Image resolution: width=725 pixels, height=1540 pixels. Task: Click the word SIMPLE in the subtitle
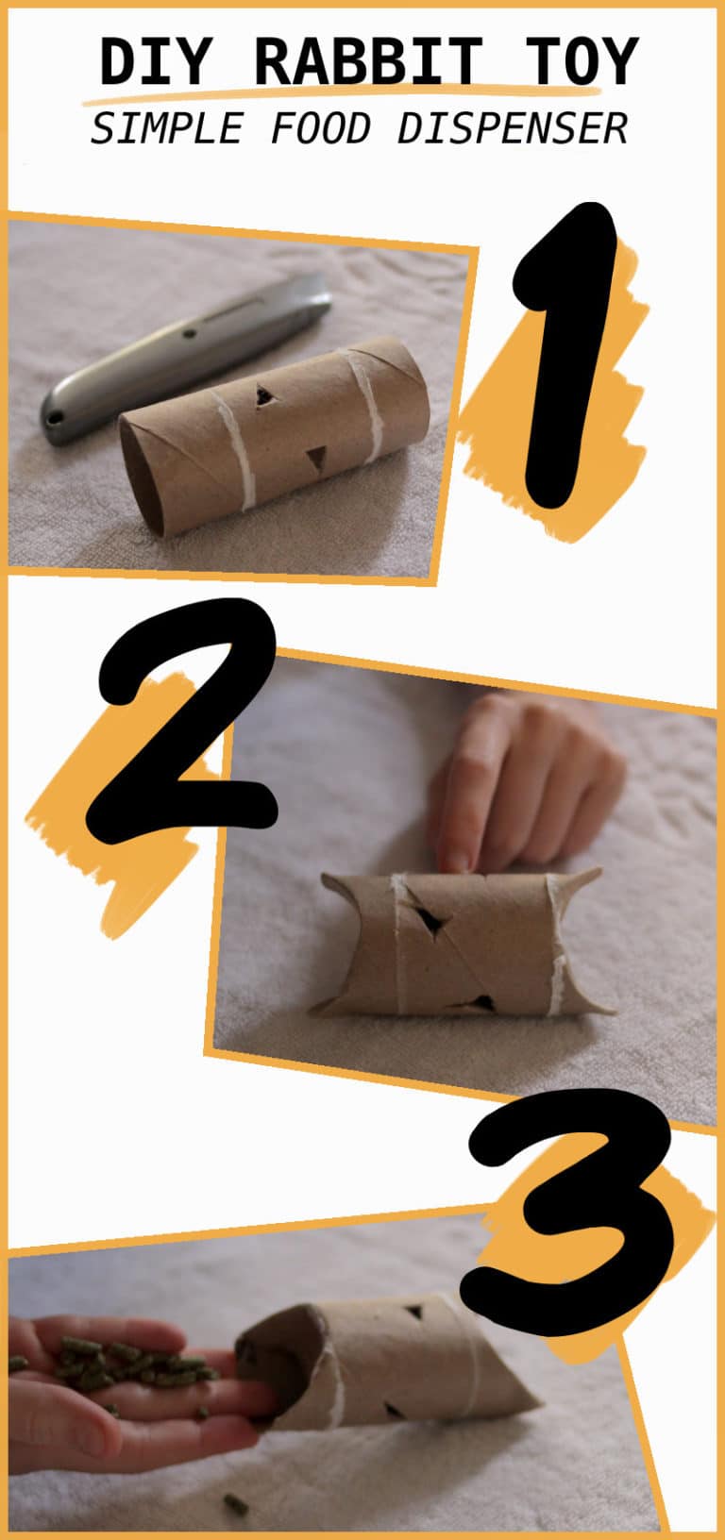point(166,128)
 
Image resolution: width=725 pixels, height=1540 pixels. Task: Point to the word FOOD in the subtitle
point(320,128)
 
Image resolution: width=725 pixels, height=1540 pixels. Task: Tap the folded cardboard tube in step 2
point(463,944)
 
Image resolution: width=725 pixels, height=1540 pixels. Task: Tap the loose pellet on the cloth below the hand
point(235,1503)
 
